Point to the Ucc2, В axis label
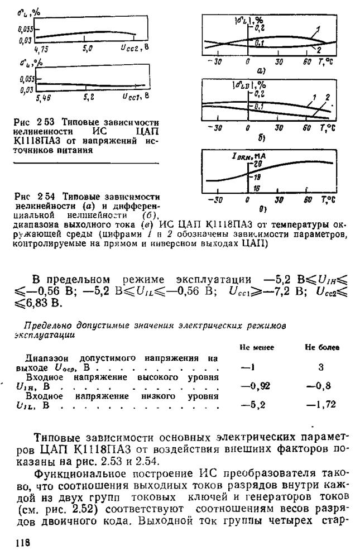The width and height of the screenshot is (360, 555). (133, 48)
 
